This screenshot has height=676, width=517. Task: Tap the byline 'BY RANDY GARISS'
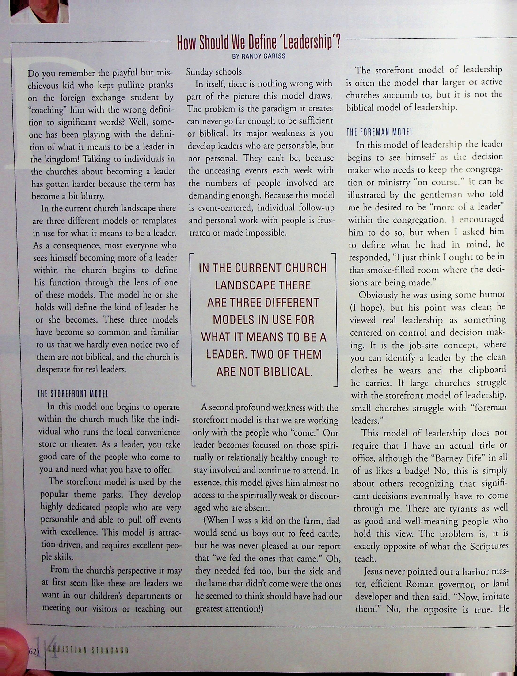click(258, 56)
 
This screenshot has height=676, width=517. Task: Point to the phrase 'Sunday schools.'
click(215, 72)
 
